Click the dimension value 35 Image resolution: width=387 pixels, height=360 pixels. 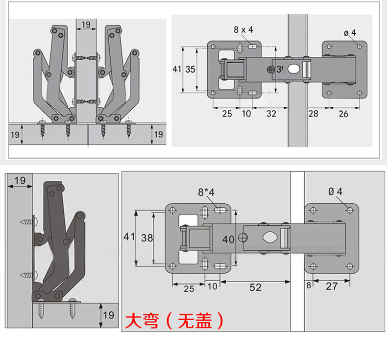coord(191,70)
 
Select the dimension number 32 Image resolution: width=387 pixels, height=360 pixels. coord(271,114)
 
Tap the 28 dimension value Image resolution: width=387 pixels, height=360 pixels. coord(313,114)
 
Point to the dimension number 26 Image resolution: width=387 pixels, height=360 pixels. coord(343,114)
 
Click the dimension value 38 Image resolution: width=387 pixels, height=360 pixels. coord(146,238)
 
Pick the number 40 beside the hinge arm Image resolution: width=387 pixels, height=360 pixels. coord(229,240)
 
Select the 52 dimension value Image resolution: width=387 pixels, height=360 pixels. coord(256,288)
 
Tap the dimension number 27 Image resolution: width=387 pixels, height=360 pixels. coord(332,286)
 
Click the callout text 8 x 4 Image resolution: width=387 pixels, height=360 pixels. coord(243,30)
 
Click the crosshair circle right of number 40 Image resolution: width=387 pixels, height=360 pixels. coord(242,238)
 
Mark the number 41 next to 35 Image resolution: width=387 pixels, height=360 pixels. coord(177,70)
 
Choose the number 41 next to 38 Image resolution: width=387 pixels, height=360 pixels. coord(129,237)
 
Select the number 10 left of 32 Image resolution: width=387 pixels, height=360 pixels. coord(246,114)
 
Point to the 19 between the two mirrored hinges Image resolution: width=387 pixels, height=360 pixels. coord(86,24)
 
